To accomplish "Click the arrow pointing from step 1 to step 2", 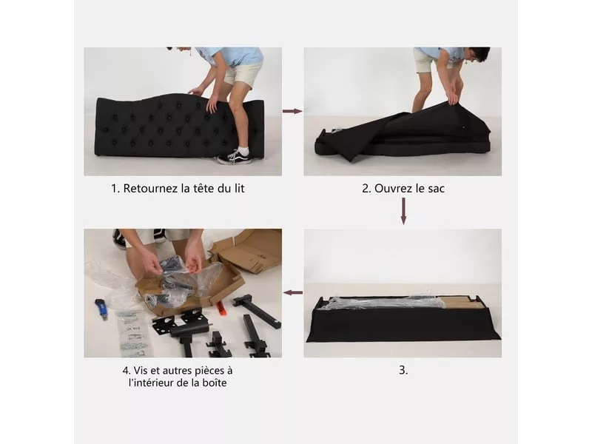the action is tap(292, 111).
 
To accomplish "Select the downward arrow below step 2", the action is tap(403, 211).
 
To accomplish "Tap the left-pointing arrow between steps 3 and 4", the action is tap(292, 292).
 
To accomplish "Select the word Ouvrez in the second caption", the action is tap(392, 188).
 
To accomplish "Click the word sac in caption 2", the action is tap(437, 189).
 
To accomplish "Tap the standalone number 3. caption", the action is tap(403, 370).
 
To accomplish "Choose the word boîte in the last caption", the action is tap(215, 383).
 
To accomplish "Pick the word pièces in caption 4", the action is tap(205, 371).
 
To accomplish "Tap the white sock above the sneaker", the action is tap(243, 152).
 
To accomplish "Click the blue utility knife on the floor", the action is tap(101, 308).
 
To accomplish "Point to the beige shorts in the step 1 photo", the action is tap(243, 75).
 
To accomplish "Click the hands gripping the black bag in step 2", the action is tap(454, 96).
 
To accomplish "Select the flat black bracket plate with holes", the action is tap(165, 324).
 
